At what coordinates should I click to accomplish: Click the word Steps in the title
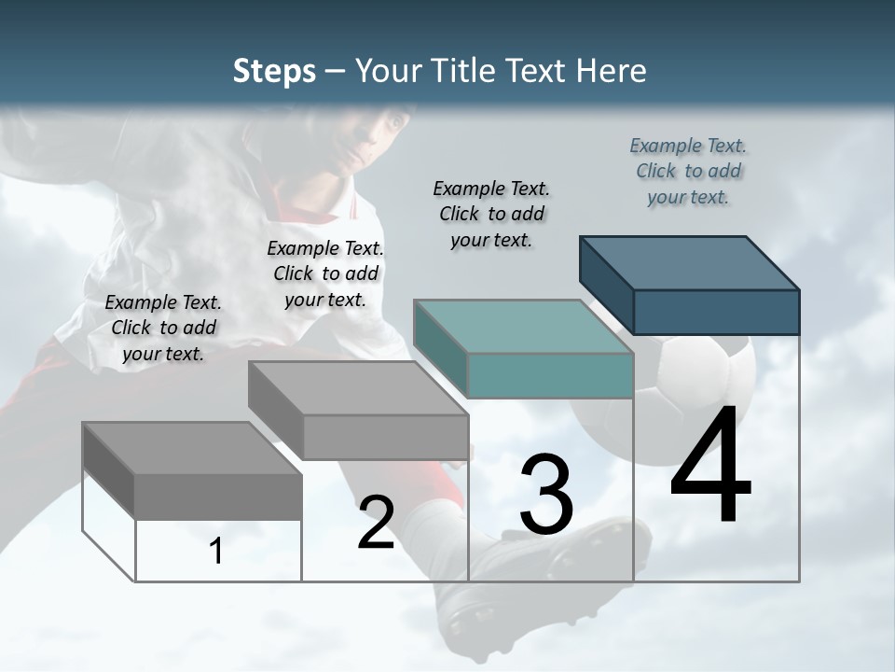[274, 71]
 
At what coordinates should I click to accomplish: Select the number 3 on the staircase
[545, 494]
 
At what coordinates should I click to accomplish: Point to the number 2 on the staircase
[376, 524]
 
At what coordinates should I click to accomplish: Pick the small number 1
[216, 551]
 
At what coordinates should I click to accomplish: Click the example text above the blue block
[688, 171]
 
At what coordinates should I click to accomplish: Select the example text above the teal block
[491, 214]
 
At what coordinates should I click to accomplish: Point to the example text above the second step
[325, 273]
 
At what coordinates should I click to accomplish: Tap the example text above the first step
[163, 328]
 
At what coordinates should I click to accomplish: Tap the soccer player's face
[378, 140]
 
